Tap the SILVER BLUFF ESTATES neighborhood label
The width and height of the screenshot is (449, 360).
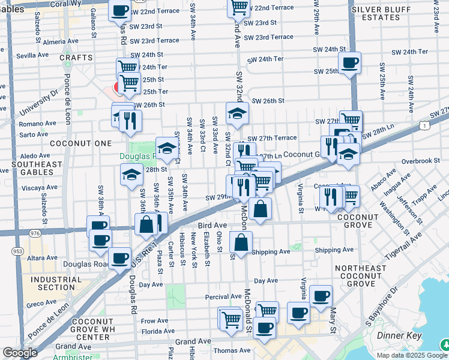coord(384,13)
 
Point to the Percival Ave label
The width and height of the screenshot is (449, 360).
coord(223,296)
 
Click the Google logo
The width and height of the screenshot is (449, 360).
coord(20,353)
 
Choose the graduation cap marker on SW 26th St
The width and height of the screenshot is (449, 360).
coord(237,113)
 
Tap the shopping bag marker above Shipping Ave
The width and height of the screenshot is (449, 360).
coord(241,243)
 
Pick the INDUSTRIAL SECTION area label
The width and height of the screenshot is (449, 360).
coord(53,283)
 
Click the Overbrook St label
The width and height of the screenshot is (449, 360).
coord(421,161)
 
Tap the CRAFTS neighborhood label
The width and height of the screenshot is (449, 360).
coord(76,58)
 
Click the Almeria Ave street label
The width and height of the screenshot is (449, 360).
coord(61,42)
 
